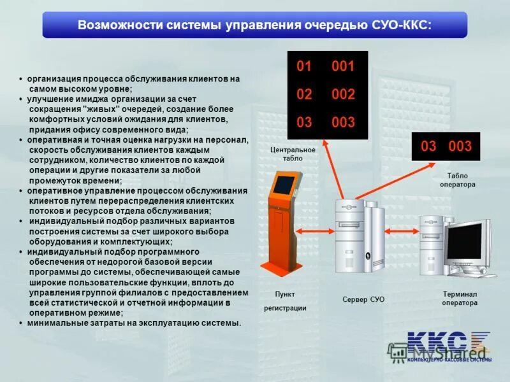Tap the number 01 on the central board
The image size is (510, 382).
pyautogui.click(x=304, y=66)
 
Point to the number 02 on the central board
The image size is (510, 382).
pyautogui.click(x=304, y=94)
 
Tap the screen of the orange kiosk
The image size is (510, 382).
pyautogui.click(x=284, y=185)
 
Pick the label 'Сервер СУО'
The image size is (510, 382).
pyautogui.click(x=363, y=299)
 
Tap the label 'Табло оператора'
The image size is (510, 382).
pyautogui.click(x=457, y=180)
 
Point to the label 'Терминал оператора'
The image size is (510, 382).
pyautogui.click(x=460, y=299)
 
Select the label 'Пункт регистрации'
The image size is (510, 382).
pyautogui.click(x=285, y=301)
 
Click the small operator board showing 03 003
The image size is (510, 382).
pyautogui.click(x=446, y=146)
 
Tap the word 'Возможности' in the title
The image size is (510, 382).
pyautogui.click(x=114, y=25)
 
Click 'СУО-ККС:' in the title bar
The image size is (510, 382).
pyautogui.click(x=401, y=25)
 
